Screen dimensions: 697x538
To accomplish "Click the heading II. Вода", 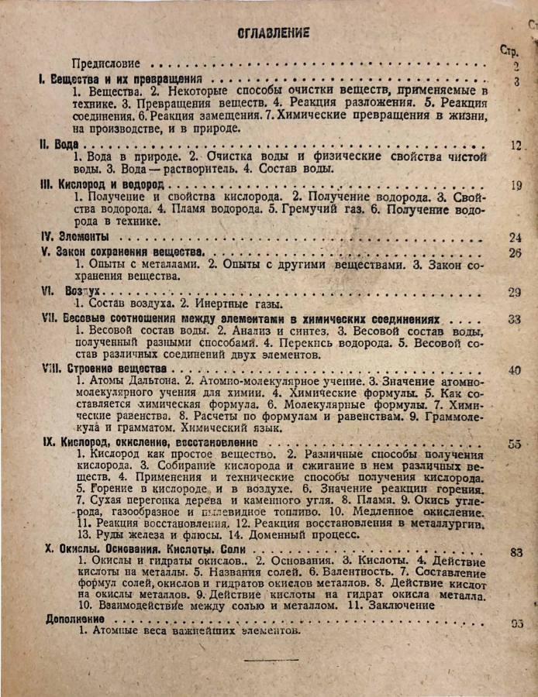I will click(60, 144).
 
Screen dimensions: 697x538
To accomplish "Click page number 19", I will click(517, 185).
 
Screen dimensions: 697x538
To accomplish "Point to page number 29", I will click(515, 292).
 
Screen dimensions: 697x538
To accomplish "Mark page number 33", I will click(515, 318).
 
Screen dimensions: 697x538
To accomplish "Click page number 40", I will click(515, 370).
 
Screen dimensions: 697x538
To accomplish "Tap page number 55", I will click(515, 444).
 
